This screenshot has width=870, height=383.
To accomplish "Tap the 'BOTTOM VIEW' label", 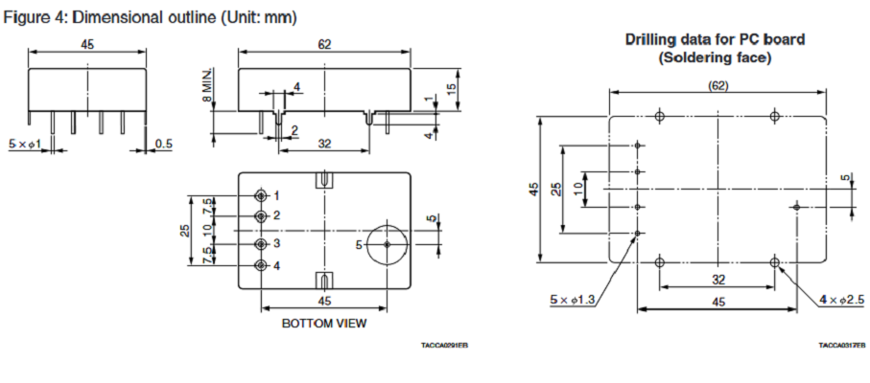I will pos(323,324).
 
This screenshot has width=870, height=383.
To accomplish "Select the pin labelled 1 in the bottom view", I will pos(261,195).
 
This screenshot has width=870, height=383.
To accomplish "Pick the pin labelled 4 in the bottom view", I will pos(261,265).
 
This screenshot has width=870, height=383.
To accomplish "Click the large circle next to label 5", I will pos(387,244).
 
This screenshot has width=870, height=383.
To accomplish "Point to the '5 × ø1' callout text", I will pos(25,144).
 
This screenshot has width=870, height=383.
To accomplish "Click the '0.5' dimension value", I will pos(164,144).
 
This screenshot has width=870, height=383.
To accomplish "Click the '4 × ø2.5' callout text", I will pos(842,300).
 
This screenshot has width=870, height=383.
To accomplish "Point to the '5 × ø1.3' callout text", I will pos(573,300).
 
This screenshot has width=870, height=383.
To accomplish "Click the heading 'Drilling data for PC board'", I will pos(715,40).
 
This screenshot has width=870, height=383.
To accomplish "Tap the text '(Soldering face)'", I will pos(715,57).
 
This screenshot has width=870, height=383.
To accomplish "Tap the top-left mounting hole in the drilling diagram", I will pos(659,116).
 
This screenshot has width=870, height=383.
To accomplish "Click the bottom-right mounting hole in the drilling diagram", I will pos(775,260).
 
